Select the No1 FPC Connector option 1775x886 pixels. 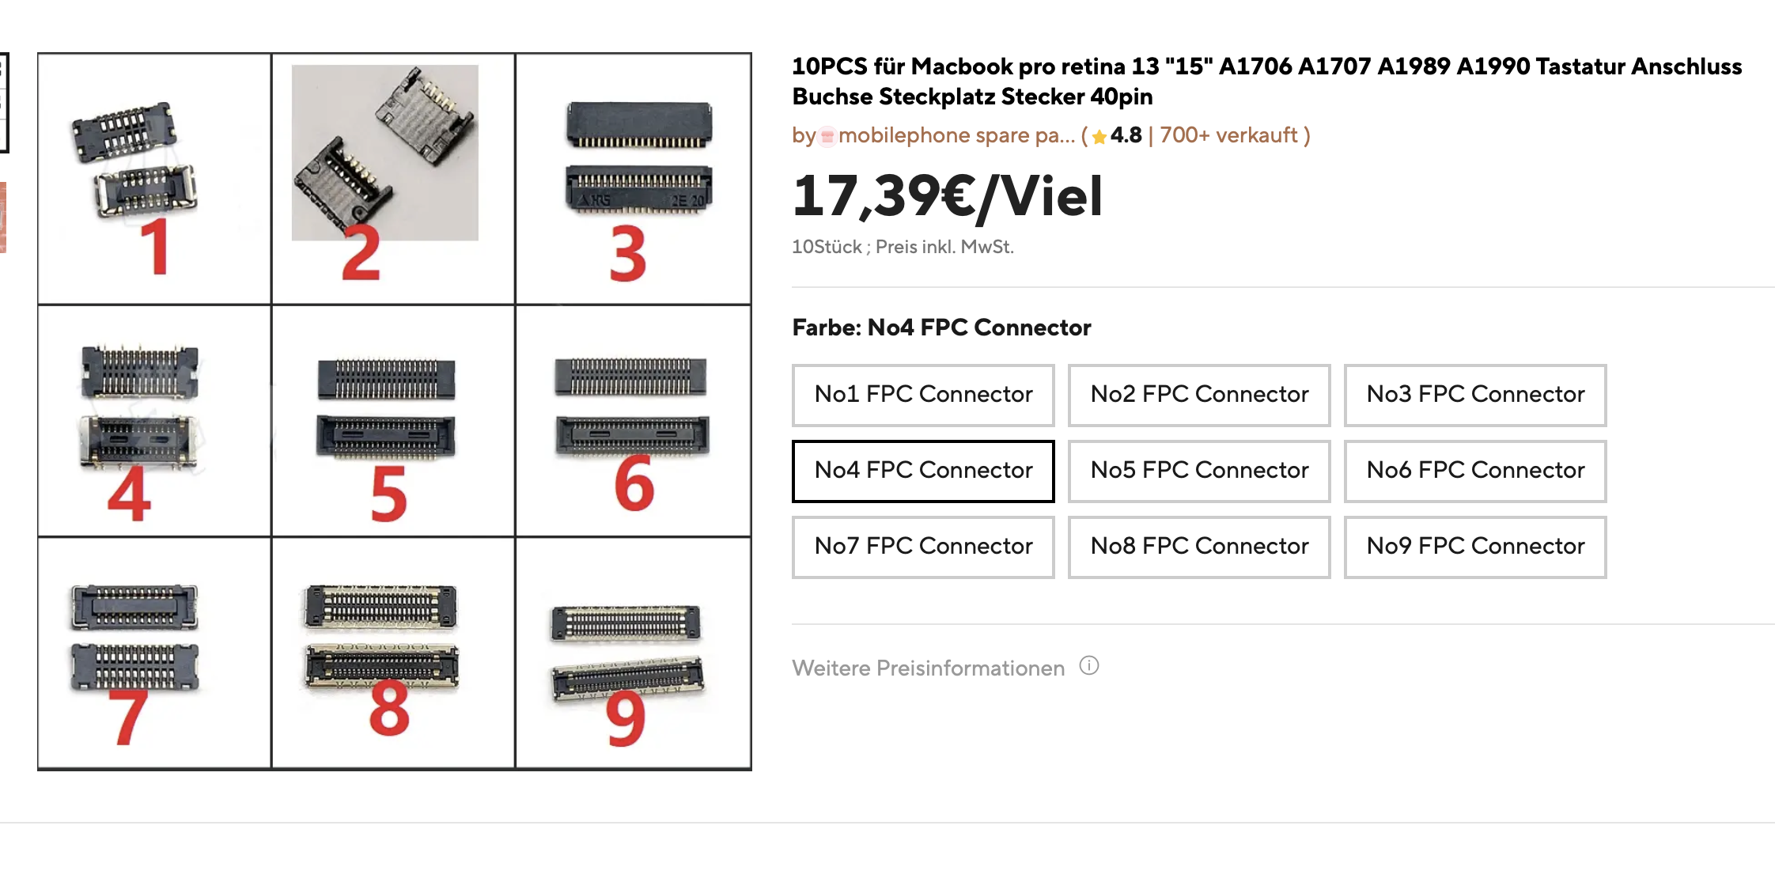[923, 395]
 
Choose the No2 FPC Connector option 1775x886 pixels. [1199, 395]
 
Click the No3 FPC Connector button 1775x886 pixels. [1475, 395]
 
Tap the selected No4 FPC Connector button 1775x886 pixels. [923, 471]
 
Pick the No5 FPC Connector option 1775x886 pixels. [1199, 471]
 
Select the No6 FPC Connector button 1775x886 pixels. [1475, 471]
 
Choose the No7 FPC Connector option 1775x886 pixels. [923, 547]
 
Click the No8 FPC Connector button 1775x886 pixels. [1199, 547]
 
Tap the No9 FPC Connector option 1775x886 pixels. [1475, 547]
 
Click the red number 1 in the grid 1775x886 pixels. [156, 247]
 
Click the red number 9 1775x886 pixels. [626, 718]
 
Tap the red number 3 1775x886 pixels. [628, 254]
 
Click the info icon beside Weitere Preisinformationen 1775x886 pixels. [1089, 666]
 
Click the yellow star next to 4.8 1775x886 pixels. [1099, 137]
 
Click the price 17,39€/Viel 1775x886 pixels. [947, 196]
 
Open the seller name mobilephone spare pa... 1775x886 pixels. [956, 136]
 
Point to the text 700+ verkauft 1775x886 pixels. [1228, 135]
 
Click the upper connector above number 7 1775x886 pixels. [134, 608]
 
